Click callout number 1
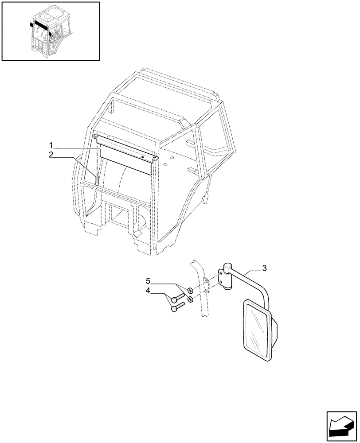[51, 145]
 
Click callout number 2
[51, 155]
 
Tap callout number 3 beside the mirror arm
[264, 268]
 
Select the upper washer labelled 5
[190, 291]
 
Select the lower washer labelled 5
[191, 300]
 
